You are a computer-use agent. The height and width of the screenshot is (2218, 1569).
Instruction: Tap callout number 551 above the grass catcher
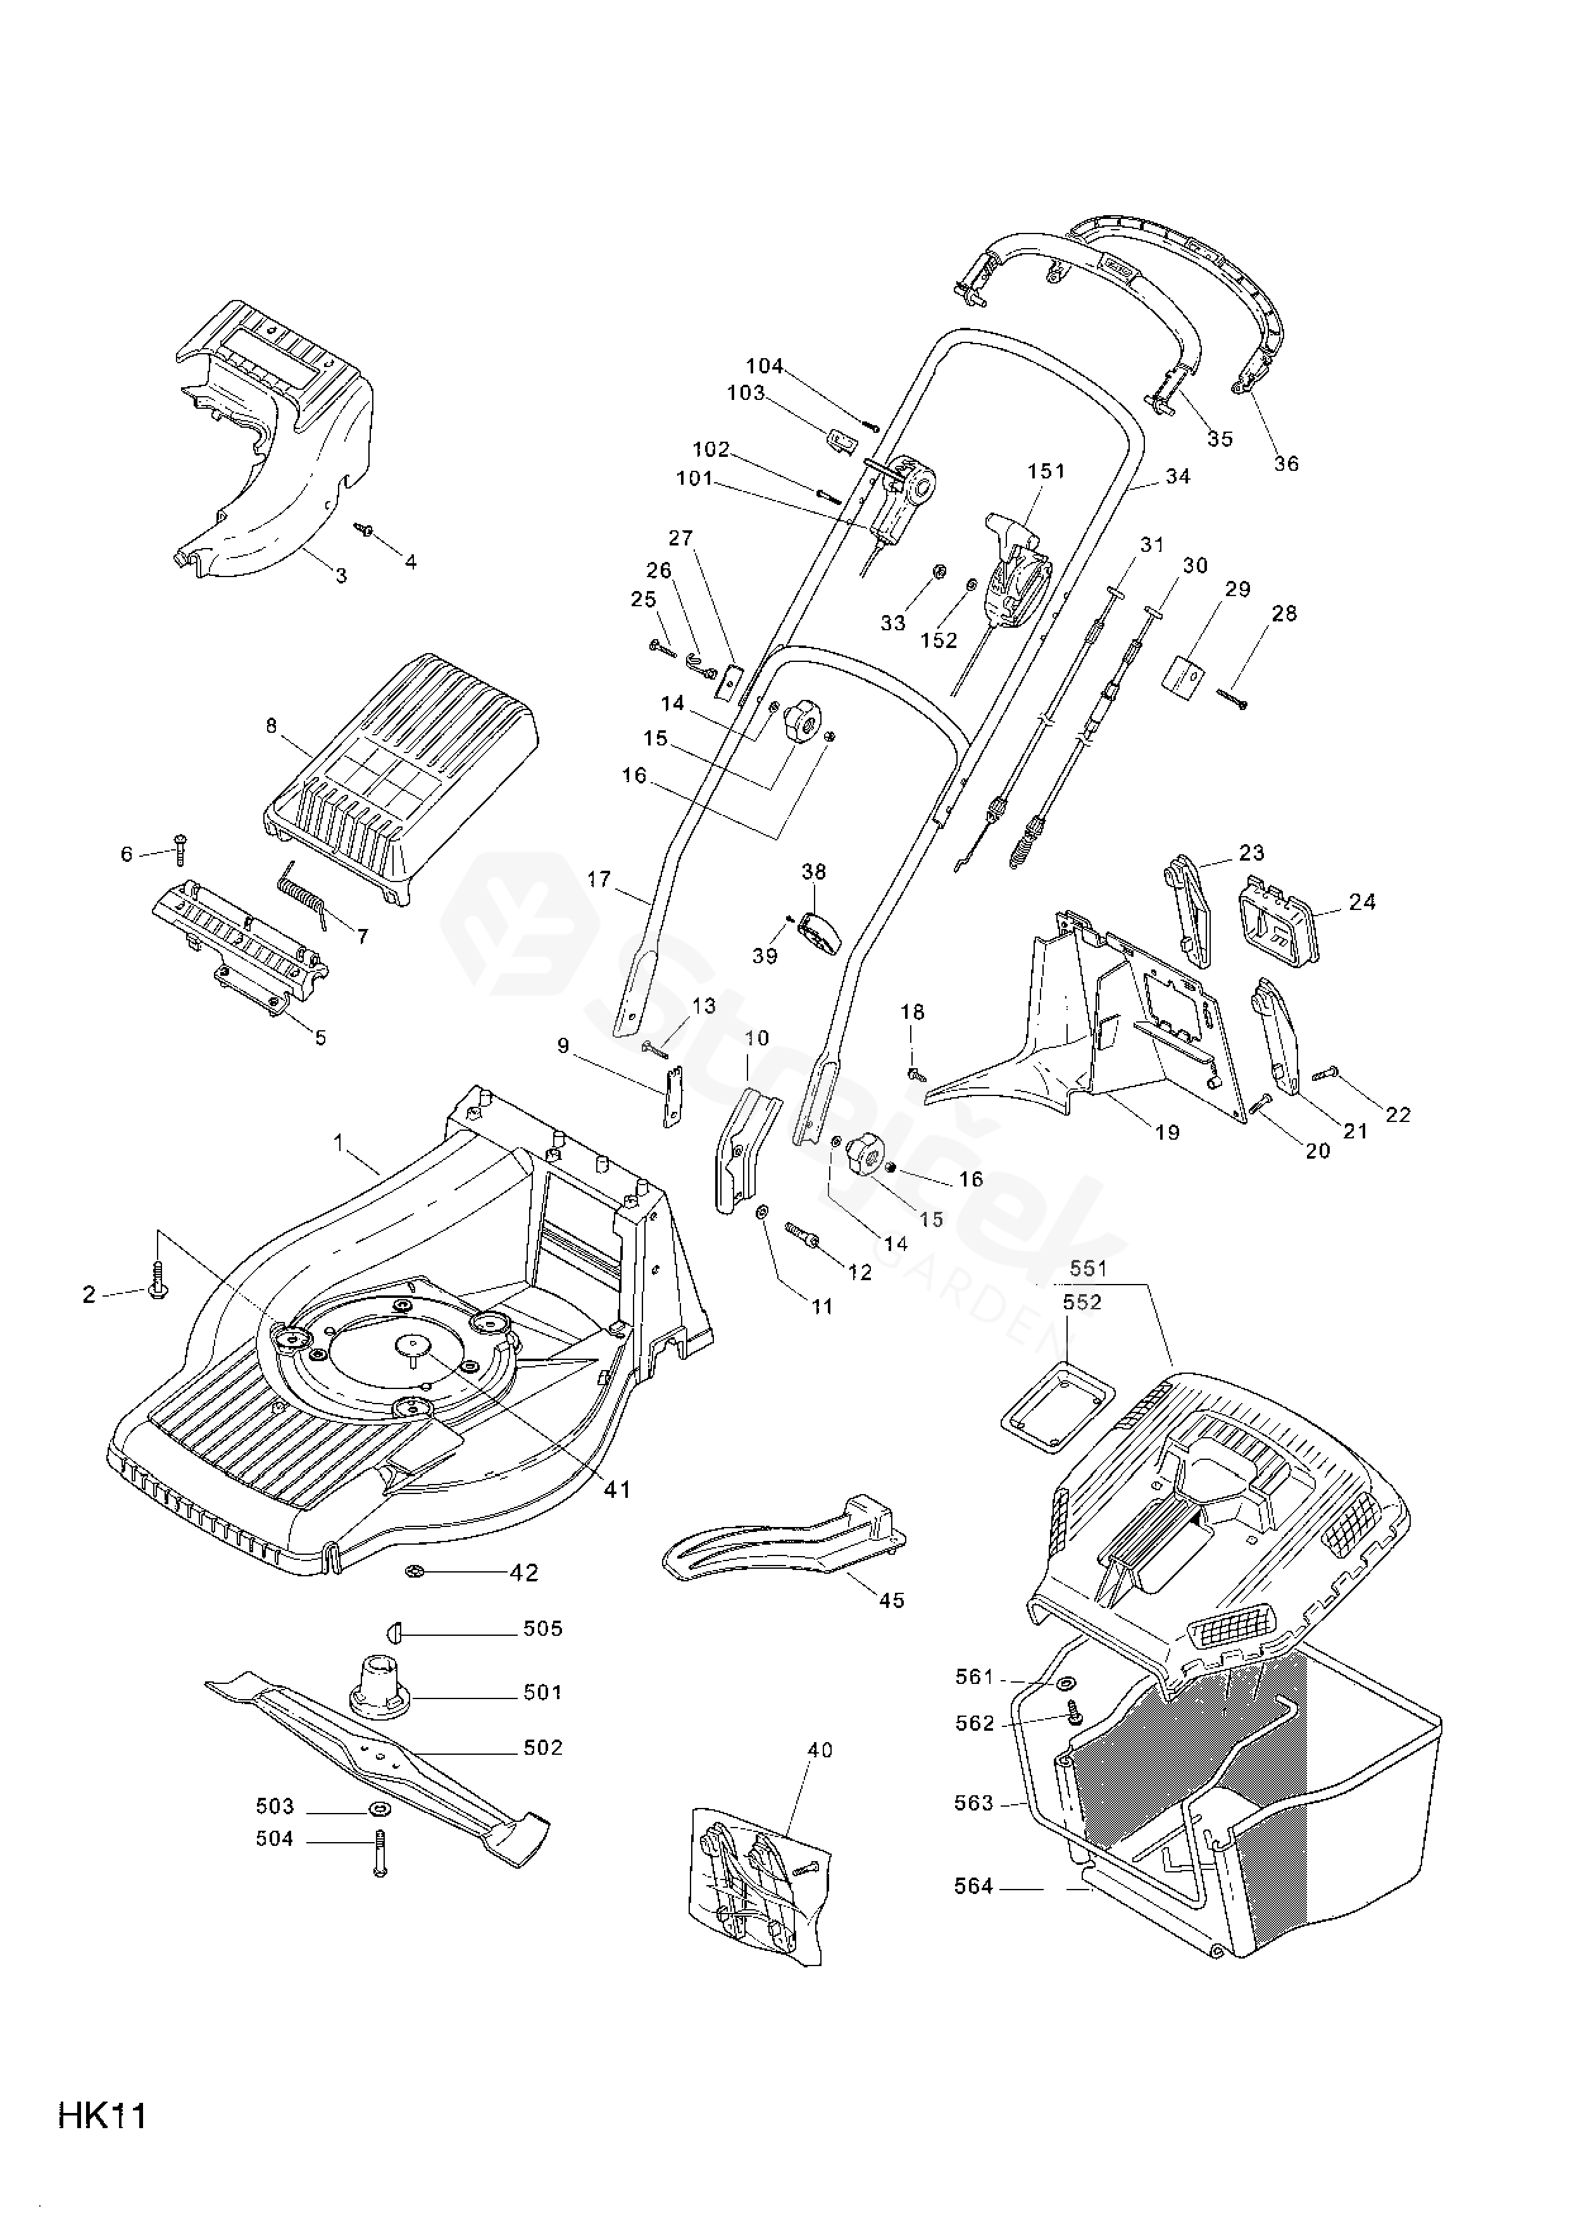(1088, 1268)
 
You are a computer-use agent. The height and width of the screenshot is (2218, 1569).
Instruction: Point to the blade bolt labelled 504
(378, 1854)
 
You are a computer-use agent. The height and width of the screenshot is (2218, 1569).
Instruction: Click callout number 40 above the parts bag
(819, 1750)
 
